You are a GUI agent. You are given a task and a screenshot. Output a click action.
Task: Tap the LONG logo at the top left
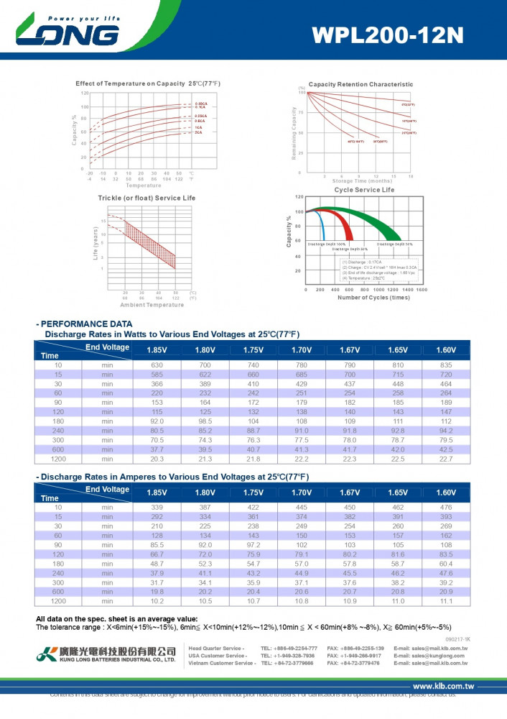point(68,32)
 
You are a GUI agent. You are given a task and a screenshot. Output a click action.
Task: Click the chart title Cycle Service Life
point(364,190)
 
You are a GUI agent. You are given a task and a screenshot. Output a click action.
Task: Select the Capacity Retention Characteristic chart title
point(361,84)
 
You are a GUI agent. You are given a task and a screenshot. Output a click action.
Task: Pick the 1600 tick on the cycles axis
point(422,289)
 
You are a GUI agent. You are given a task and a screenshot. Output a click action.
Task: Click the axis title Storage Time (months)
point(363,181)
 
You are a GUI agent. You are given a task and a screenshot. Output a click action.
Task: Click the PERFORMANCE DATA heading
point(84,324)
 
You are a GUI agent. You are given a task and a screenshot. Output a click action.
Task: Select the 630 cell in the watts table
point(157,365)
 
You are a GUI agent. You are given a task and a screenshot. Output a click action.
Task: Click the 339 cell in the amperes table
point(157,508)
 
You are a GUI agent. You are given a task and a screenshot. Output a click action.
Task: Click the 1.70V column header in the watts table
point(301,350)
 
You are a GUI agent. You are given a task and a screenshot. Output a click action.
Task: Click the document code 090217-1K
point(457,638)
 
